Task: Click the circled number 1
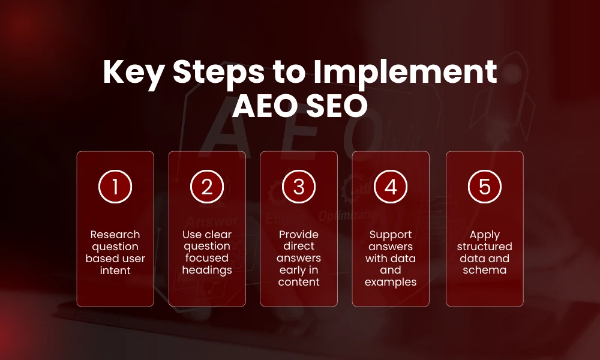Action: coord(115,187)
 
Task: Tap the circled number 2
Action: coord(207,187)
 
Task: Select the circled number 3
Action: coord(299,187)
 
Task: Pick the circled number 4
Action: coord(391,187)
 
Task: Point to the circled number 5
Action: coord(484,187)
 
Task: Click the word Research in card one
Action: coord(115,235)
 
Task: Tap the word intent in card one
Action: coord(115,271)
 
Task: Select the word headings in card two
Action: coord(207,270)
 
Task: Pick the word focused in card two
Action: coord(207,258)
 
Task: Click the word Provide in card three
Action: coord(299,235)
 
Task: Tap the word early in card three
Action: coord(291,270)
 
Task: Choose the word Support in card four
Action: coord(391,235)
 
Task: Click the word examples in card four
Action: coord(391,282)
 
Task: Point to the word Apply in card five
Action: coord(484,235)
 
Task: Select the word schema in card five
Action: coord(484,270)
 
